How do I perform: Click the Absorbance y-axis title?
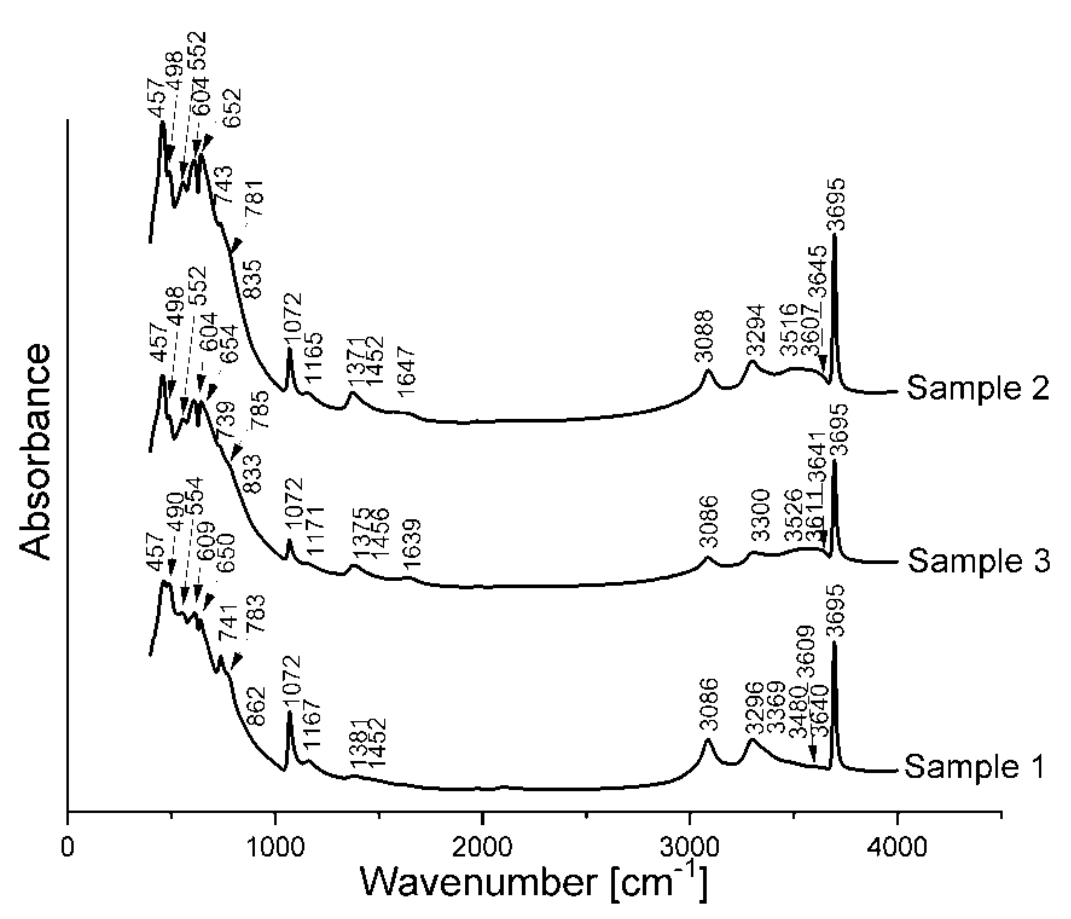[36, 452]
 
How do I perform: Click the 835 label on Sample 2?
[253, 279]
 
